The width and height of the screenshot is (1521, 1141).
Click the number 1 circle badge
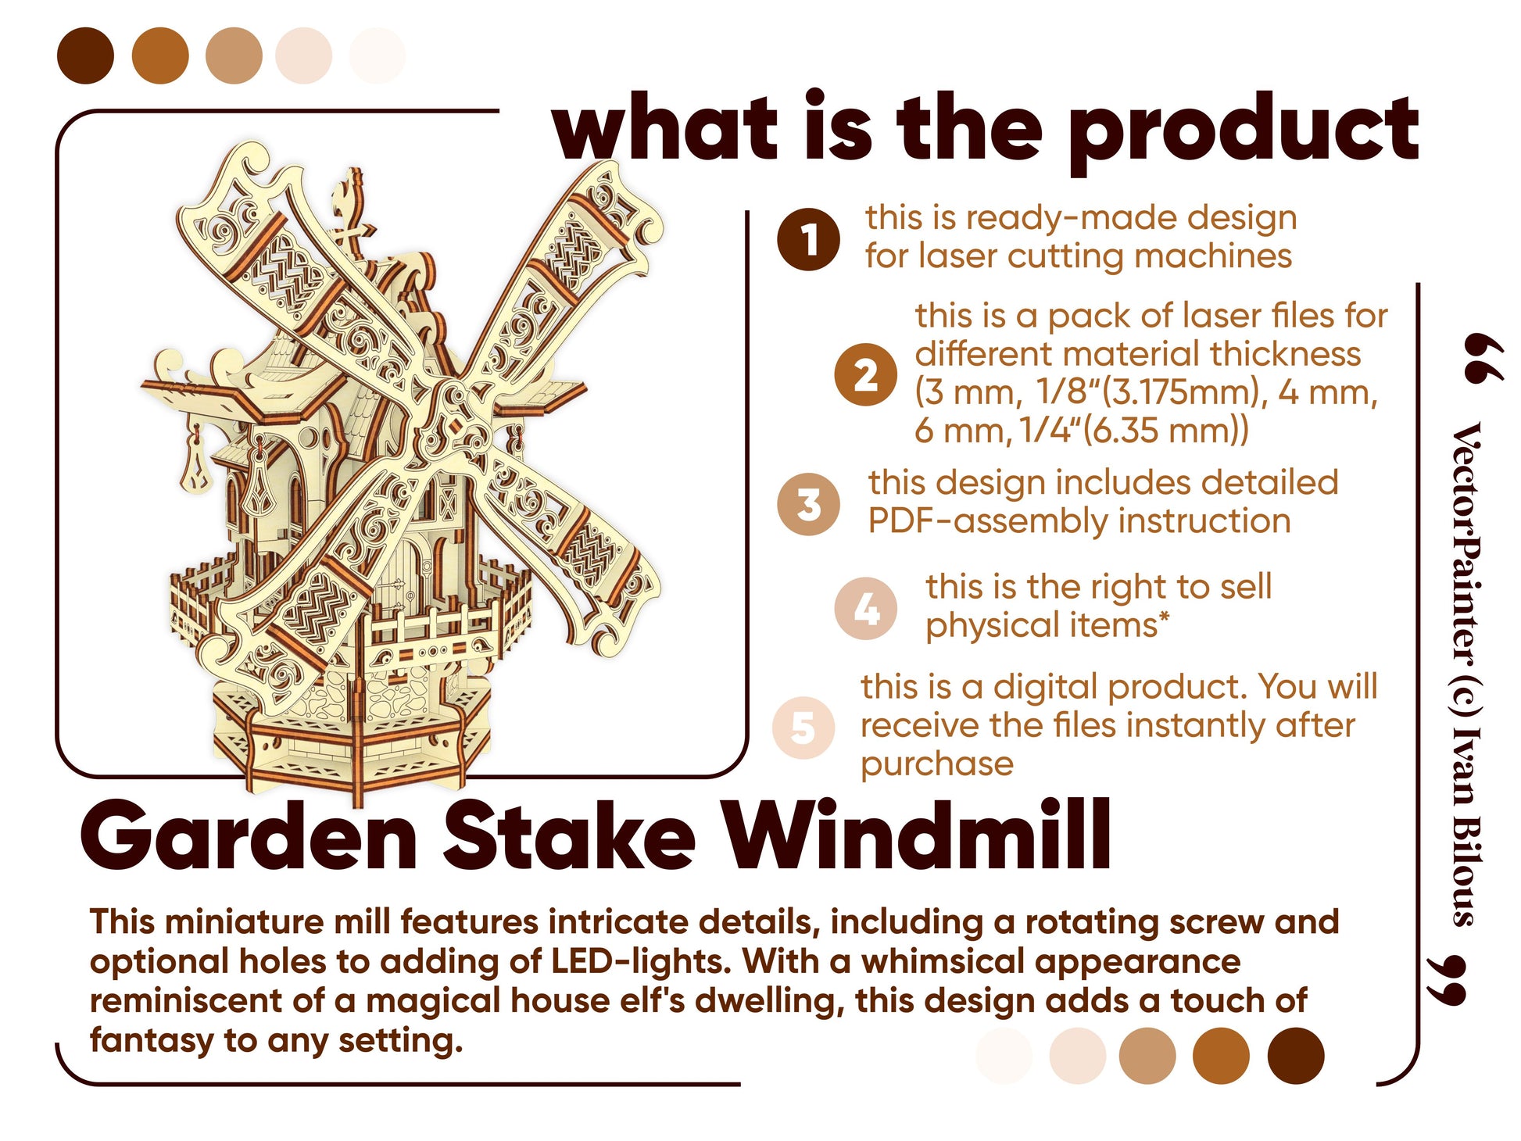[808, 239]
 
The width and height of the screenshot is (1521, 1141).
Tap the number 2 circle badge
[865, 375]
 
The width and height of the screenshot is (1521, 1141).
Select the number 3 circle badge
[809, 504]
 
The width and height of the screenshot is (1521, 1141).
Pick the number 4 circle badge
[865, 609]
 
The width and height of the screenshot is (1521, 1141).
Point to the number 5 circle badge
[803, 728]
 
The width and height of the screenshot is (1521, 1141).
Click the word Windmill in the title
[916, 835]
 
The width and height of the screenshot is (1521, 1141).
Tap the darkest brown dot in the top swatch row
[85, 55]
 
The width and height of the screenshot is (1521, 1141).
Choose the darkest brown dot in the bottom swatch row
[1296, 1056]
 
